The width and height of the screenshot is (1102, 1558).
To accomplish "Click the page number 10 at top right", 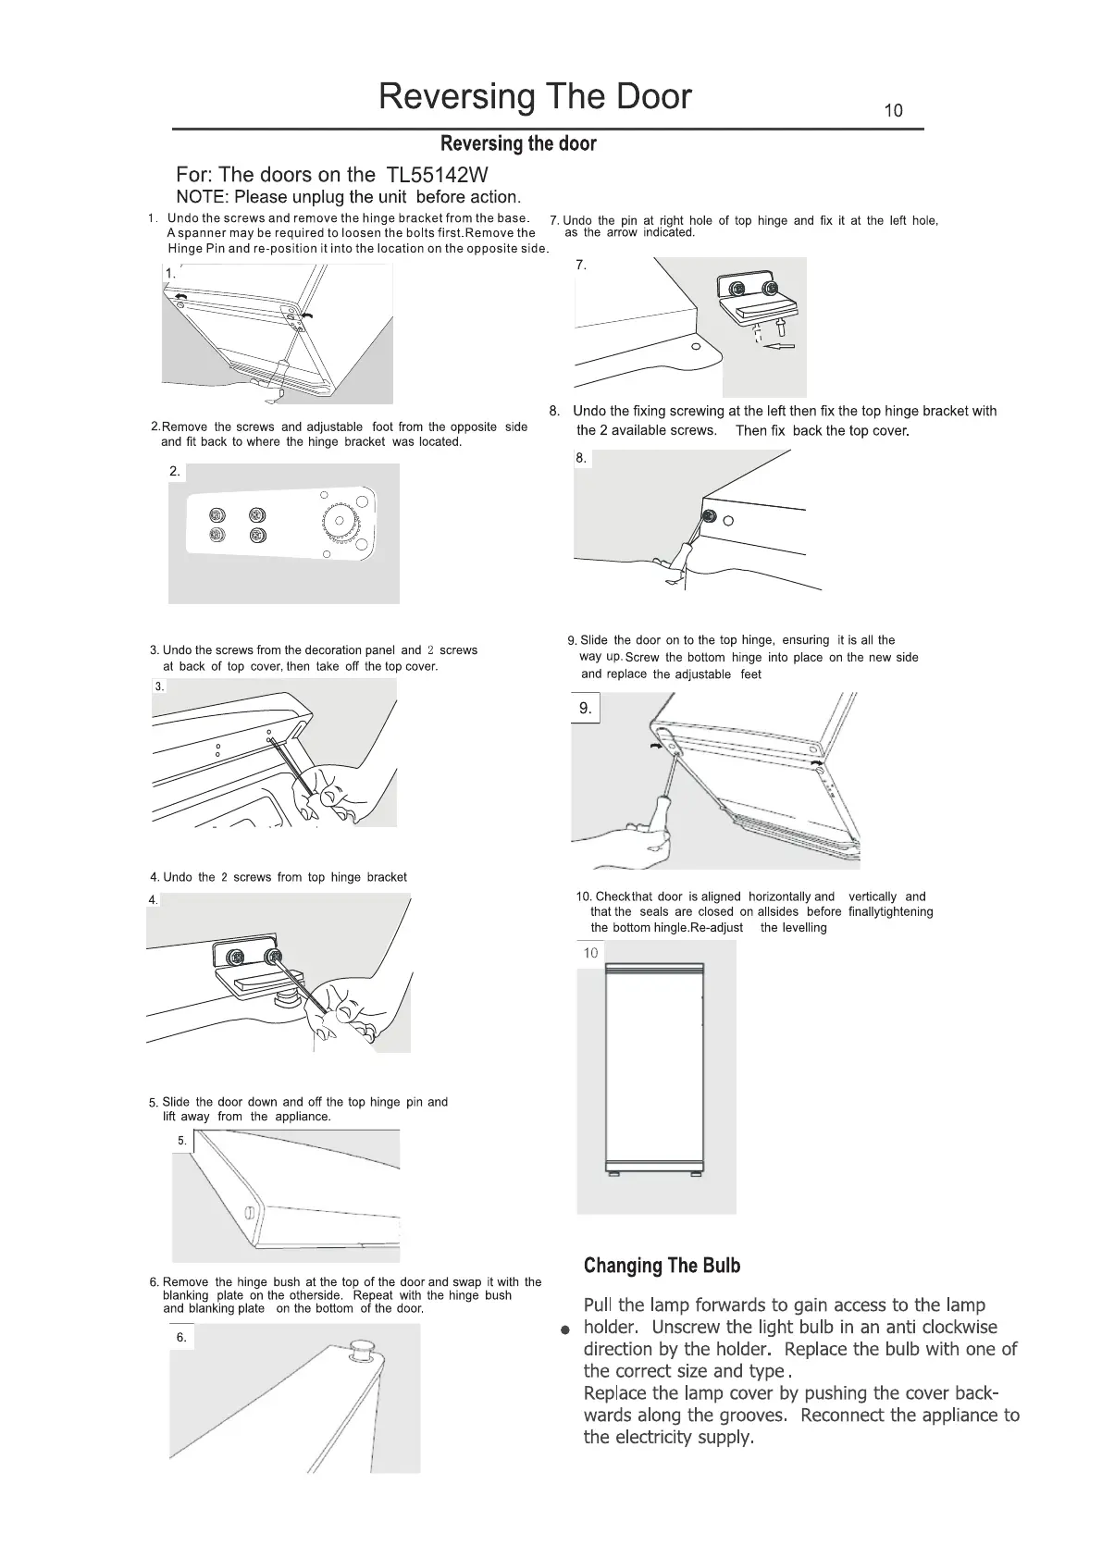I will click(893, 111).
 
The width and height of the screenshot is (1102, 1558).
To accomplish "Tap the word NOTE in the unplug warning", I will click(201, 197).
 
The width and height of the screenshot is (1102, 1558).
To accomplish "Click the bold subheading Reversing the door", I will click(518, 143).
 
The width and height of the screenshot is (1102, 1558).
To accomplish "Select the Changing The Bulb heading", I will click(662, 1266).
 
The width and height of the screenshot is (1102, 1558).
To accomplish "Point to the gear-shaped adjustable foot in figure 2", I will click(343, 523).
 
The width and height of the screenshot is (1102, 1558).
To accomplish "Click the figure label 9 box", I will click(585, 709).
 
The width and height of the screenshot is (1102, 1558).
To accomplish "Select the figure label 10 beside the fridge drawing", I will click(590, 953).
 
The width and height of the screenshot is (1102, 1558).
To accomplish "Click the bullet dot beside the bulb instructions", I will click(563, 1330).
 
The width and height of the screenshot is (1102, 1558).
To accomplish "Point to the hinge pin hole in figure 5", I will click(249, 1214).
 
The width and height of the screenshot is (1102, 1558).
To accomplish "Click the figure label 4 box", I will click(153, 899).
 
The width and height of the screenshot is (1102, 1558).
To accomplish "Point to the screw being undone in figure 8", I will click(710, 516).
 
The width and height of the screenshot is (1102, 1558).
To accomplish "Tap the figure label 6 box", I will click(181, 1337).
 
